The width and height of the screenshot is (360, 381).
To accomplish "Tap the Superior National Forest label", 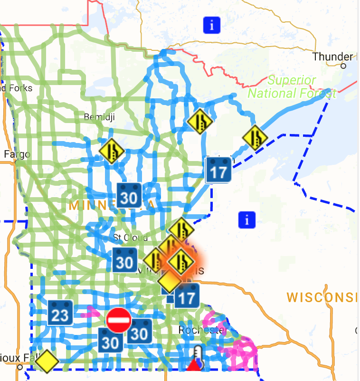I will (x=292, y=87).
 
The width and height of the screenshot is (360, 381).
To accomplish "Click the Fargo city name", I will (x=17, y=154).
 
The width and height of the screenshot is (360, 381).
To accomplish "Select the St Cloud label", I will (x=131, y=237).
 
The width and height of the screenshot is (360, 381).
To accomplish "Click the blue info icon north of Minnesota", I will (x=212, y=25).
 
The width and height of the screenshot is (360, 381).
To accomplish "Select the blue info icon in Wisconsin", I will (x=247, y=219).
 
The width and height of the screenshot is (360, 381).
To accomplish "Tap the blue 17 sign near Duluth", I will (x=218, y=170).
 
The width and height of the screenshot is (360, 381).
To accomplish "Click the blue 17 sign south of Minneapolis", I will (x=187, y=296).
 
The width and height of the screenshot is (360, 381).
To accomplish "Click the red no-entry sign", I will (x=119, y=320).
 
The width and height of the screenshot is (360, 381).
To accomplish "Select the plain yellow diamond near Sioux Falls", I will (x=47, y=361).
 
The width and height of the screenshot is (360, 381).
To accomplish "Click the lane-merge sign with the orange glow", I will (x=181, y=260).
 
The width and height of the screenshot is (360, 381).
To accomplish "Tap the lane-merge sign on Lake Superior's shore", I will (x=255, y=137).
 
